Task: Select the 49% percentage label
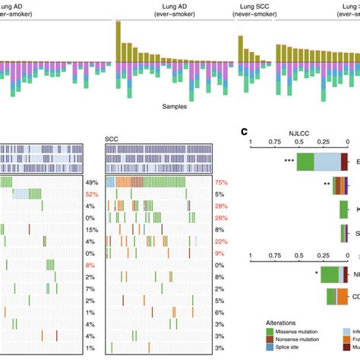(93, 182)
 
